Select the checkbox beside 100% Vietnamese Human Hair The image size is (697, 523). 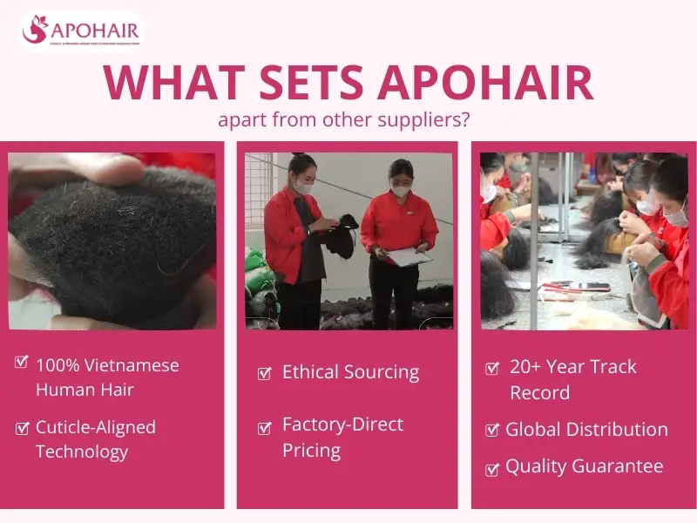click(x=22, y=362)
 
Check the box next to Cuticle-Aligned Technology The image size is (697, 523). click(x=22, y=427)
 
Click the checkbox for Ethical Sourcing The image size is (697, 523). click(x=264, y=374)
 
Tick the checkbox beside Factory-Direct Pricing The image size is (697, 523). click(x=264, y=428)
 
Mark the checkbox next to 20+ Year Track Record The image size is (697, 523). click(x=491, y=368)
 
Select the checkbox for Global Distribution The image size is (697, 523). click(x=491, y=430)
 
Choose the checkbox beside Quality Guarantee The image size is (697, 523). click(x=491, y=468)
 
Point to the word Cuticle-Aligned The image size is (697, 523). click(x=96, y=427)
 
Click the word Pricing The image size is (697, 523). click(x=311, y=451)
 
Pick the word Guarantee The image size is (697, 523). click(x=619, y=466)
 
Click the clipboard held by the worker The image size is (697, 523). click(x=409, y=256)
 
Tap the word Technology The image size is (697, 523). click(x=82, y=452)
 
